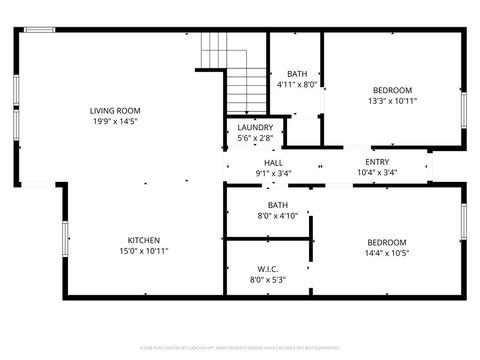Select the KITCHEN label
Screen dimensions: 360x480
click(144, 240)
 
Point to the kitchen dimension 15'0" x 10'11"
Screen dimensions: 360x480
click(144, 252)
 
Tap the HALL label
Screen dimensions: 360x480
click(273, 163)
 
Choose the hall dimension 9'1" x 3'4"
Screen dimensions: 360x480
click(273, 174)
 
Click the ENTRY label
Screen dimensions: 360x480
click(377, 162)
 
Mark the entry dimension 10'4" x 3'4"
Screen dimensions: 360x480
click(377, 173)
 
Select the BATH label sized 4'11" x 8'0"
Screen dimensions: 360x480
click(297, 74)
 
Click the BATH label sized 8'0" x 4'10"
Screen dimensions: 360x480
click(277, 205)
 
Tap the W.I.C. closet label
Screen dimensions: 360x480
click(267, 269)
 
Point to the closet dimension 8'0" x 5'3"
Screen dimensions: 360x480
click(267, 280)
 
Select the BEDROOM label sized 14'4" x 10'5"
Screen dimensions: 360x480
click(386, 243)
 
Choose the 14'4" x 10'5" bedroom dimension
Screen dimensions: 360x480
click(386, 254)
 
